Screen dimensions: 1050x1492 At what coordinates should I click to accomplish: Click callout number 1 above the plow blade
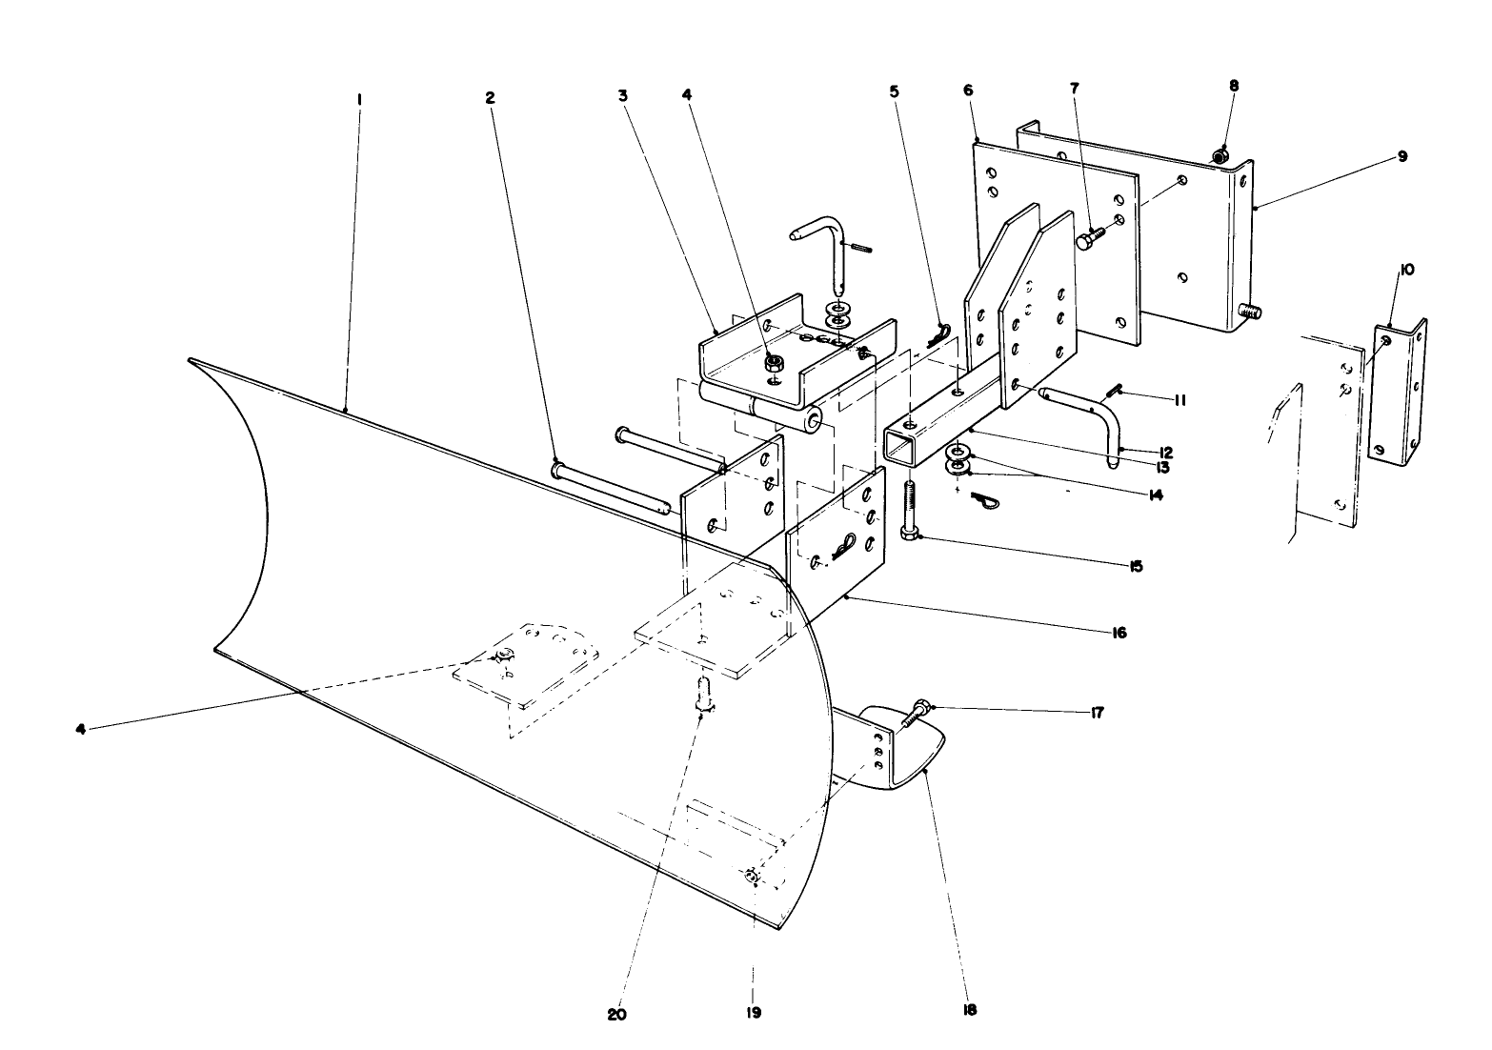[359, 98]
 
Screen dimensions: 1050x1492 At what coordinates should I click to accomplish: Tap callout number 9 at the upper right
[1401, 156]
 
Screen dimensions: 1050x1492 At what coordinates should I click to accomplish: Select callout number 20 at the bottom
[618, 1015]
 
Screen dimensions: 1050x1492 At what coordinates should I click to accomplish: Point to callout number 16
[1117, 633]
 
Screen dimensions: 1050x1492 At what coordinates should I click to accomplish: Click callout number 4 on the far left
[80, 729]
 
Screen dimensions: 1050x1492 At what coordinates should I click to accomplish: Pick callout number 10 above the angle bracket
[1406, 270]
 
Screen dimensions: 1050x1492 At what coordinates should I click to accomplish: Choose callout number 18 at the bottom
[970, 1010]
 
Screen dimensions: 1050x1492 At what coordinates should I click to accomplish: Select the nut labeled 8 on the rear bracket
[1220, 154]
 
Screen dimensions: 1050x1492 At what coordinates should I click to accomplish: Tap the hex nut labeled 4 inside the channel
[775, 362]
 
